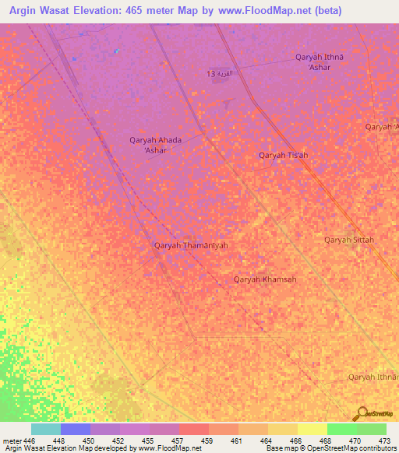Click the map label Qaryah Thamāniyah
pos(191,245)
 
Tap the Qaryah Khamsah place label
pos(265,279)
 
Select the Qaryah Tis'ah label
pos(283,155)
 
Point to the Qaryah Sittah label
pos(349,240)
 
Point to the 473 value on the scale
pos(384,441)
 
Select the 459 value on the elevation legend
pos(207,441)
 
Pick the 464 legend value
pos(266,441)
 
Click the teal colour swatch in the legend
pos(46,429)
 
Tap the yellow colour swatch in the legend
pos(312,429)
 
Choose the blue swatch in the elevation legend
pos(76,429)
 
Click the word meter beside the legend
pos(12,441)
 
